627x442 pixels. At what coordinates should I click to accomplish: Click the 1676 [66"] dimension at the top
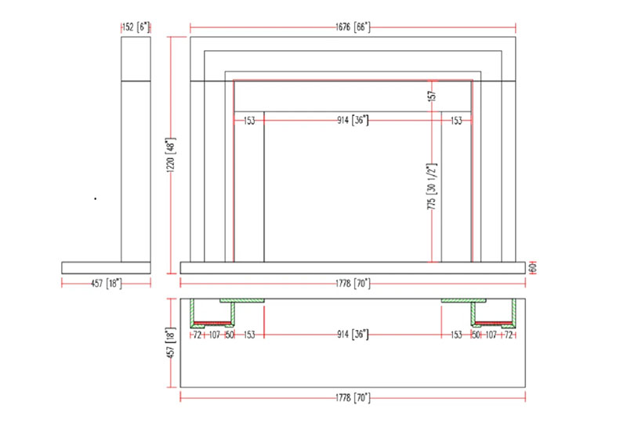coord(352,27)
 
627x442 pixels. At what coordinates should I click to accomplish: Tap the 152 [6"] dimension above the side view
coord(136,27)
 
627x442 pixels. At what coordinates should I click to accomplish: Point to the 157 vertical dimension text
coord(431,96)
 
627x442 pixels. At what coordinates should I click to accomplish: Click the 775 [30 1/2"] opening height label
coord(430,186)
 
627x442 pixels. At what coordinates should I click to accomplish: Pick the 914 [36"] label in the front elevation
coord(352,120)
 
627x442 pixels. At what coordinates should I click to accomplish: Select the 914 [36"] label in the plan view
coord(352,334)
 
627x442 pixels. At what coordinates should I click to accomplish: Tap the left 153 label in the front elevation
coord(249,120)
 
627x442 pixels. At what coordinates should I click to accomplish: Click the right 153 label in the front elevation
coord(455,120)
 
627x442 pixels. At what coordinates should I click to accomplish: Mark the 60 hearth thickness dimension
coord(532,266)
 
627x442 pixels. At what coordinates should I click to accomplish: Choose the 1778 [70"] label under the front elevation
coord(352,282)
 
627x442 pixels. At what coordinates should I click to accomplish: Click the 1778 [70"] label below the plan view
coord(352,398)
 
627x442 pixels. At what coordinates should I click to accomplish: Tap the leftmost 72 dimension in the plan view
coord(197,334)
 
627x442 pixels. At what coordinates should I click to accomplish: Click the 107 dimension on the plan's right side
coord(492,334)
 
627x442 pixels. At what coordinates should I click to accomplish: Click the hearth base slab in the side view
coord(107,267)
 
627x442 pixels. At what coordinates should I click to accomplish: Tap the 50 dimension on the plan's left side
coord(230,334)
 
